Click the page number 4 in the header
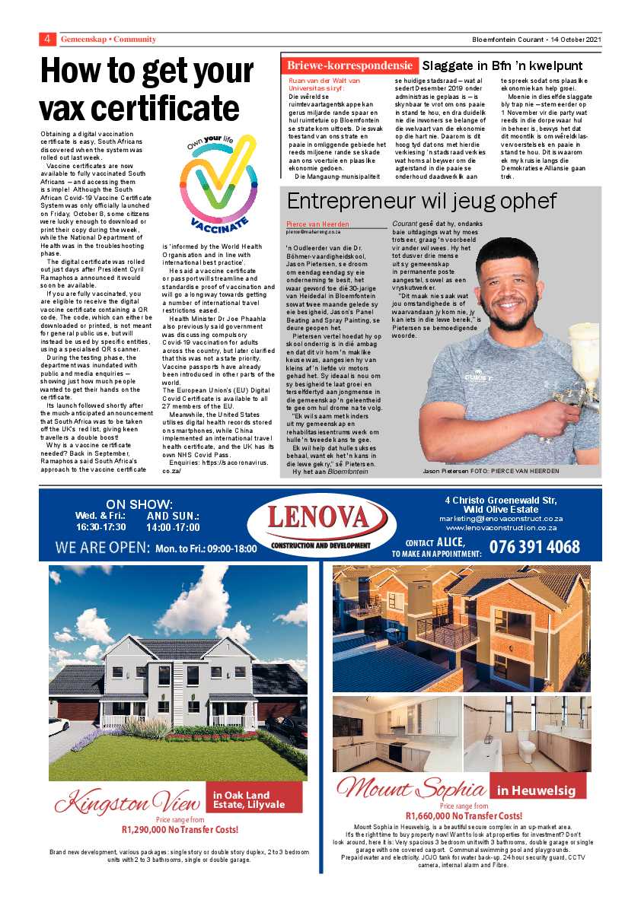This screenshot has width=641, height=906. (47, 39)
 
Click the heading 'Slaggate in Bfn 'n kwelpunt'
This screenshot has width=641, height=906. (502, 66)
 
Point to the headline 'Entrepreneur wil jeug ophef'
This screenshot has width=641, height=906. (422, 201)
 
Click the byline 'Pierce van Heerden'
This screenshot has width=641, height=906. (317, 224)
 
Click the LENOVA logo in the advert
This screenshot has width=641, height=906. (320, 523)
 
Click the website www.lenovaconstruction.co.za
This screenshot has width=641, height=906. (501, 527)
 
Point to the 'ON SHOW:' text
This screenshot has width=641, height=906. (139, 504)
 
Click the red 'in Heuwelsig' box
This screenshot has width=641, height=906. (536, 790)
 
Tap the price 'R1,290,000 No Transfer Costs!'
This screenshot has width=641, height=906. (180, 829)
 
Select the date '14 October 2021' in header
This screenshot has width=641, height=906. (567, 39)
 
